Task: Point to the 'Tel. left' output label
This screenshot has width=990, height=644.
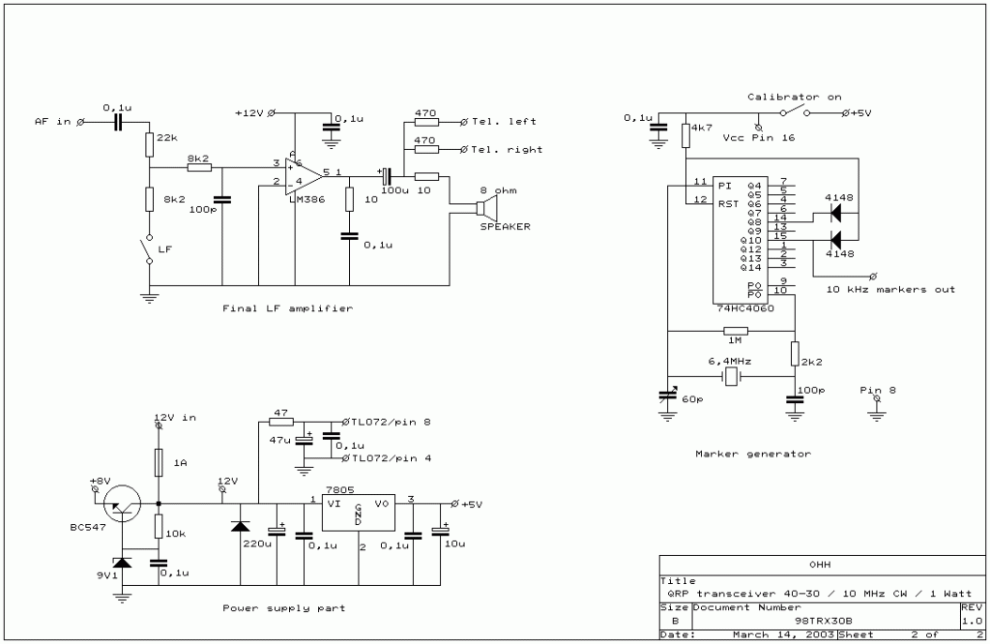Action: (504, 122)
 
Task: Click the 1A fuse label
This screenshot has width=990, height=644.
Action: (180, 463)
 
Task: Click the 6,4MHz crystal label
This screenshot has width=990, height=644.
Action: (731, 360)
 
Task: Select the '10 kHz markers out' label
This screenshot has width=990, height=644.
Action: (890, 289)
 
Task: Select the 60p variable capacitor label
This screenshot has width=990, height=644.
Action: (692, 398)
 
